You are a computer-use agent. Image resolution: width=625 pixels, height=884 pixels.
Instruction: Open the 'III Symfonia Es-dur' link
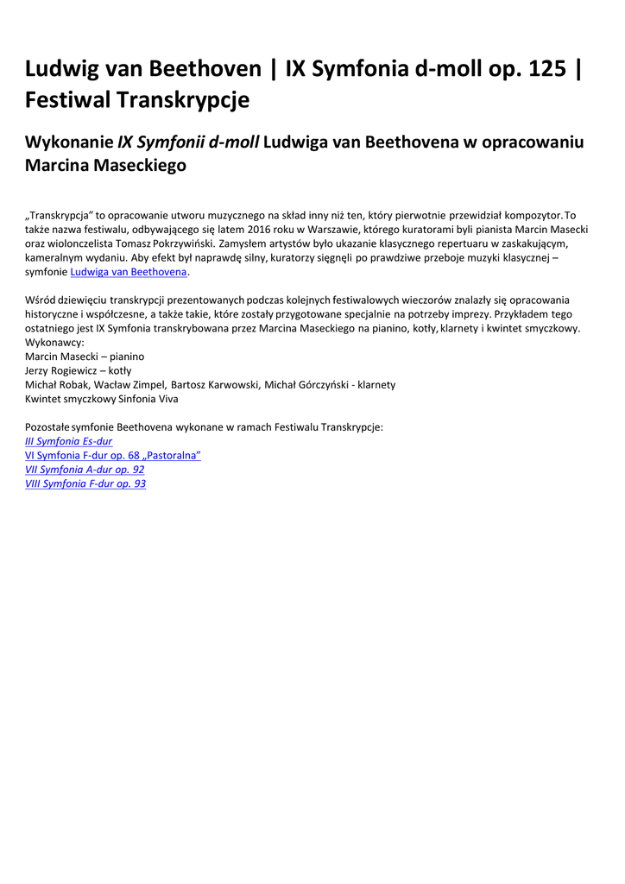tap(69, 441)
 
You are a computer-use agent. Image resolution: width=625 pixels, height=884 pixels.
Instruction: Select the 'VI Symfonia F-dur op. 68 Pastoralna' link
tap(113, 455)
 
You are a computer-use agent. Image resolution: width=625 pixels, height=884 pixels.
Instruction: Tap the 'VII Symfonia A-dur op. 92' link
tap(85, 470)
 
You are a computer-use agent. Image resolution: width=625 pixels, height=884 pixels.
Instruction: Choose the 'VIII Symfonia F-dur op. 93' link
tap(85, 483)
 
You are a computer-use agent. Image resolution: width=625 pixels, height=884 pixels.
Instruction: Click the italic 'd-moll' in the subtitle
tap(234, 142)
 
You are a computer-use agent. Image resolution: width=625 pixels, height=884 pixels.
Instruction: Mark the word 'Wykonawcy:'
tap(54, 343)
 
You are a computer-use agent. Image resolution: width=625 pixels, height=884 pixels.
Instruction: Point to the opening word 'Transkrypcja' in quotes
tap(61, 216)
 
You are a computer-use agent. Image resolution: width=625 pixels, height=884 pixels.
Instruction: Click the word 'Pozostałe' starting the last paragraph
tap(47, 427)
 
